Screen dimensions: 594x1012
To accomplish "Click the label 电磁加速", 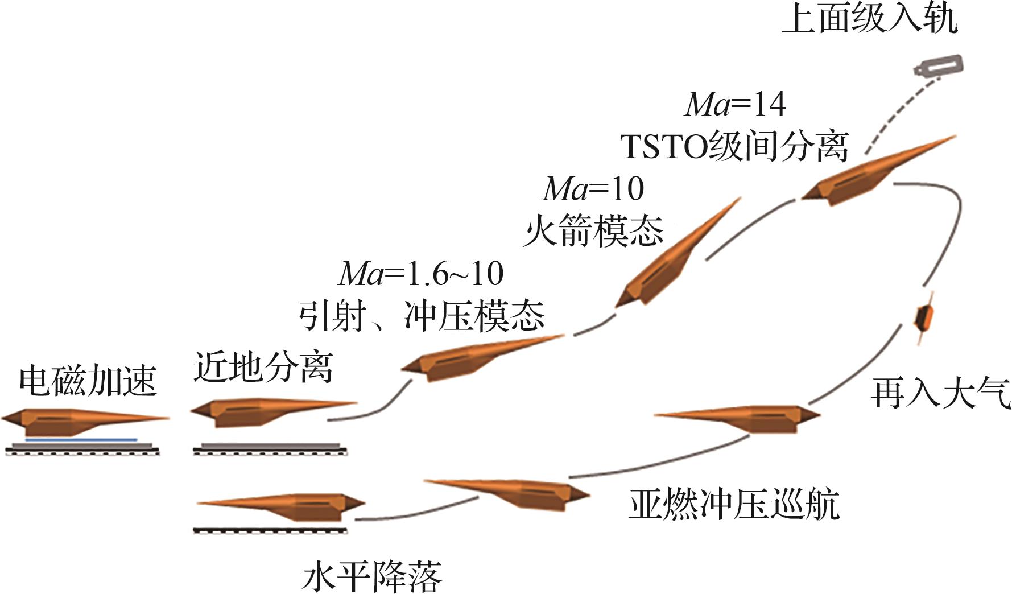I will pyautogui.click(x=88, y=381).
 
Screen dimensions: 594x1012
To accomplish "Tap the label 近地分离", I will pyautogui.click(x=263, y=366).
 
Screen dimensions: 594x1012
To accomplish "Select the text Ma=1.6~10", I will pyautogui.click(x=421, y=274).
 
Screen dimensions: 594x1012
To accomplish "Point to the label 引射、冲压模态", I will pyautogui.click(x=422, y=315).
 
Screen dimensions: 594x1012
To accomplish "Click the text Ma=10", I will pyautogui.click(x=593, y=188).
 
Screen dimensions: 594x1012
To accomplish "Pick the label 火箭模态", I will pyautogui.click(x=593, y=230).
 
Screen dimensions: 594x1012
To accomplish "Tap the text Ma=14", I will pyautogui.click(x=736, y=104).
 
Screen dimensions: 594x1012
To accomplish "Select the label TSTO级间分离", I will pyautogui.click(x=734, y=146).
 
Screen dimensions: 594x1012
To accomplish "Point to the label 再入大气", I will pyautogui.click(x=940, y=393).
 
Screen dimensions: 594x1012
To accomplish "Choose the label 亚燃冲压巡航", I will pyautogui.click(x=734, y=504).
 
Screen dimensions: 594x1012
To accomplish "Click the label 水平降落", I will pyautogui.click(x=372, y=577).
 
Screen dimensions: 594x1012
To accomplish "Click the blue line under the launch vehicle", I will pyautogui.click(x=81, y=440).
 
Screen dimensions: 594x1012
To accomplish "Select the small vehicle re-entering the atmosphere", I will pyautogui.click(x=924, y=319).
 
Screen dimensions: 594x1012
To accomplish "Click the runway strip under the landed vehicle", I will pyautogui.click(x=270, y=531).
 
